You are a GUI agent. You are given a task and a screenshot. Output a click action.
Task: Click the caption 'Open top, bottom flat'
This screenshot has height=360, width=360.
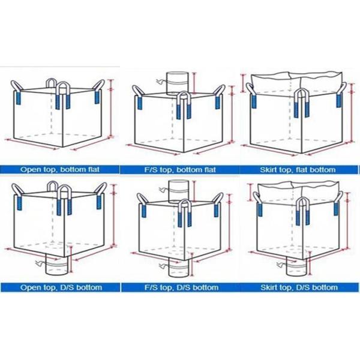click(60, 170)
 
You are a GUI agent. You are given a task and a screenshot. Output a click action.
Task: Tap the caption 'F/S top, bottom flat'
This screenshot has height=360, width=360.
click(180, 170)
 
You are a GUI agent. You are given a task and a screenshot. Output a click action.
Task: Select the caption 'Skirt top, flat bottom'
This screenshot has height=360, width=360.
click(298, 170)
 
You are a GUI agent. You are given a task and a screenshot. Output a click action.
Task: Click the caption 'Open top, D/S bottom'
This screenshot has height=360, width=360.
click(61, 287)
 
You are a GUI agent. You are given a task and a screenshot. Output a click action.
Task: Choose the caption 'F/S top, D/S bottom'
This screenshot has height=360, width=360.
click(181, 287)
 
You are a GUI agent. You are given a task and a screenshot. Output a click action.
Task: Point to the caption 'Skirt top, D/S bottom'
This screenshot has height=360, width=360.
click(299, 287)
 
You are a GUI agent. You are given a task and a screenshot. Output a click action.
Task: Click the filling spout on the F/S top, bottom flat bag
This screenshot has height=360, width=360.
click(178, 83)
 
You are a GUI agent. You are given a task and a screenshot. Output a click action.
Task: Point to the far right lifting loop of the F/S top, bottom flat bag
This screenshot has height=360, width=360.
click(219, 97)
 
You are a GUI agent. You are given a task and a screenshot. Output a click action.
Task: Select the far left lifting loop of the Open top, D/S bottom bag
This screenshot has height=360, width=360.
click(17, 197)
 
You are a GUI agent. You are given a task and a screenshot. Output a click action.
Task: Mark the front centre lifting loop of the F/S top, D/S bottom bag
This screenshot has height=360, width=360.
click(185, 213)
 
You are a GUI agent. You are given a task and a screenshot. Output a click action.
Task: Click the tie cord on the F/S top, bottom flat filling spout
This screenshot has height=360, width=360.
click(161, 81)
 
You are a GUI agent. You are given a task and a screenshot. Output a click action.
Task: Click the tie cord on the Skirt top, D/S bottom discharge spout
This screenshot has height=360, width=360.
click(281, 264)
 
